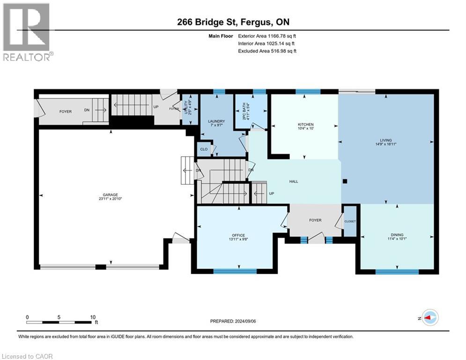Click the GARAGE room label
[111, 195]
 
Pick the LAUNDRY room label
[217, 121]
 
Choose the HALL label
[294, 181]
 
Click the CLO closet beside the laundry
[204, 150]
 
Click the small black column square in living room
[345, 181]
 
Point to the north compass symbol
[429, 317]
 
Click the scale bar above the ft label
[59, 322]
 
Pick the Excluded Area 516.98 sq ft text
[267, 51]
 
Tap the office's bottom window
[235, 271]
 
